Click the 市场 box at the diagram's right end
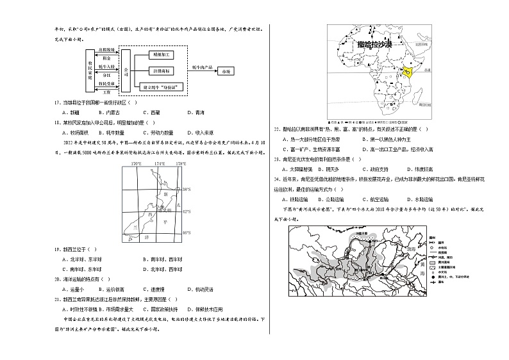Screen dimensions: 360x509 coord(225,71)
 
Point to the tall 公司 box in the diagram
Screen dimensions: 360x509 coord(126,70)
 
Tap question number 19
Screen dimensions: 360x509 coord(58,250)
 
